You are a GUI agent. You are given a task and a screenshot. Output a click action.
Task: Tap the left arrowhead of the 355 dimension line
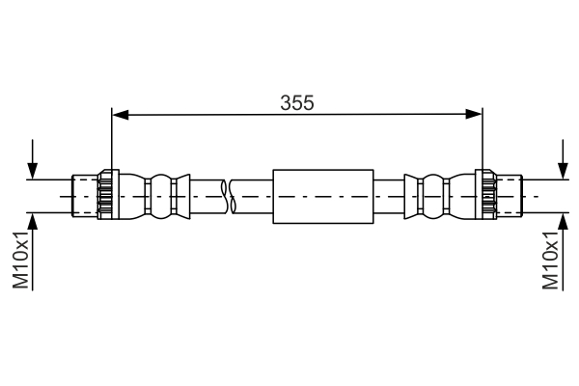[120, 115]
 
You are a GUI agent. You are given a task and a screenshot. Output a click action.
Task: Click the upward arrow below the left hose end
[35, 224]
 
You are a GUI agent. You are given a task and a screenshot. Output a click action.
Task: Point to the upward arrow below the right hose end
[563, 224]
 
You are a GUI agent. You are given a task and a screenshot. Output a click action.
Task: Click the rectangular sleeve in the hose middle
[323, 197]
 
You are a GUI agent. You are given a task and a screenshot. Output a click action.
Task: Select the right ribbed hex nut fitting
[488, 196]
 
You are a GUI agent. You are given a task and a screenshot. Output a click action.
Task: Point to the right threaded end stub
[510, 196]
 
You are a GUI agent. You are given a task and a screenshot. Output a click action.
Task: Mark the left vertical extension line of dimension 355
[113, 140]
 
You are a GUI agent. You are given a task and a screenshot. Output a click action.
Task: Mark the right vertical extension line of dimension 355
[482, 140]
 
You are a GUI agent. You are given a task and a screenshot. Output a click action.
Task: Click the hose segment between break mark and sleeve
[253, 196]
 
